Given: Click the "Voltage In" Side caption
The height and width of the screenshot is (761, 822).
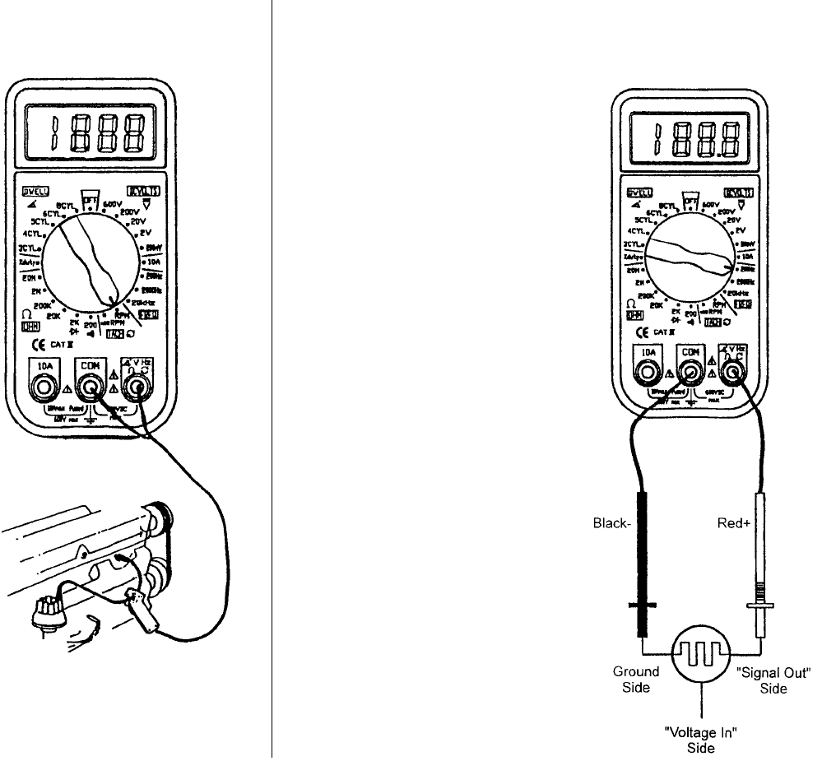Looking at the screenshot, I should pyautogui.click(x=701, y=740).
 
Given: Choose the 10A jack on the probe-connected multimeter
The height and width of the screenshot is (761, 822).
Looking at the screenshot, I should pyautogui.click(x=650, y=371).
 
